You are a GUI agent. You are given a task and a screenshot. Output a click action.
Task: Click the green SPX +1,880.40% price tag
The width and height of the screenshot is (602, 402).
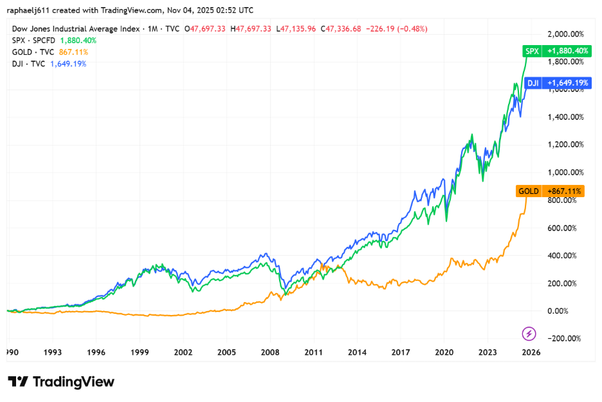tap(556, 51)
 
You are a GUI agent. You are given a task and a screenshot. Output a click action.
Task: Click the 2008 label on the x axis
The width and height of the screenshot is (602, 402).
tap(270, 352)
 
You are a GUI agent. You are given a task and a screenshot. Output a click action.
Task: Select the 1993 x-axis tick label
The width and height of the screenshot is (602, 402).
tap(52, 352)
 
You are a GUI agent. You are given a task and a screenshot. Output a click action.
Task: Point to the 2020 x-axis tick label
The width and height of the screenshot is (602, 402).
tap(444, 352)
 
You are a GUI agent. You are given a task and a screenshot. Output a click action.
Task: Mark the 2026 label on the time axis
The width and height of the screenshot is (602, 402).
tap(531, 352)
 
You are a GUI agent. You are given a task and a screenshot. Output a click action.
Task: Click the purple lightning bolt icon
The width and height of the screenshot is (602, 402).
tap(529, 333)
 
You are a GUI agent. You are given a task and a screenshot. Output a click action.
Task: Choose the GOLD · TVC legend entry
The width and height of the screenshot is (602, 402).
tap(33, 52)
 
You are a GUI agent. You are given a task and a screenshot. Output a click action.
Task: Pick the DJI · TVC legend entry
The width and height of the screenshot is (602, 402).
tap(29, 64)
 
